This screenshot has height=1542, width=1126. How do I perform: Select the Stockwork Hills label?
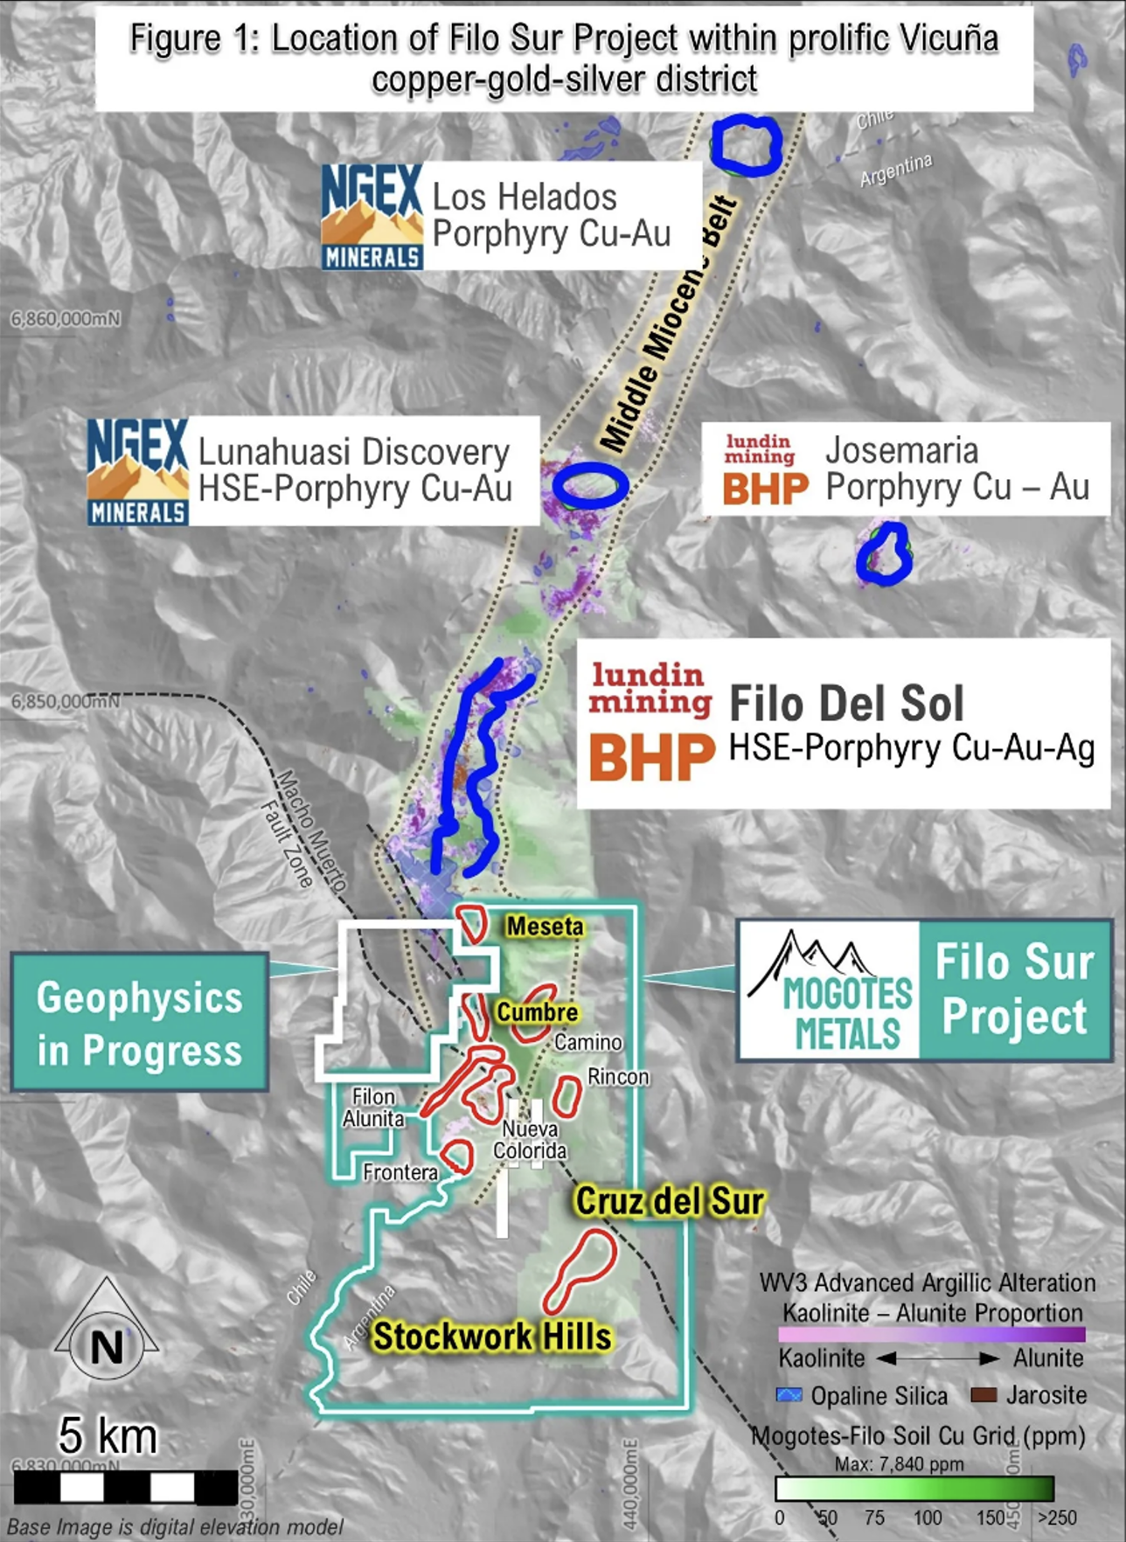492,1337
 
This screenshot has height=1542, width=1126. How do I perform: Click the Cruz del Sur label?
669,1201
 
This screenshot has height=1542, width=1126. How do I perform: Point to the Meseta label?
546,926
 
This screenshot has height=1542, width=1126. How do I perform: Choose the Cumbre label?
538,1012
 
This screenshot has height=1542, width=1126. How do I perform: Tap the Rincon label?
618,1077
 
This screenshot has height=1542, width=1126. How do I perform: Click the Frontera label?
400,1172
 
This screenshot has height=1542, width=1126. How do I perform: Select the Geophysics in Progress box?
140,1023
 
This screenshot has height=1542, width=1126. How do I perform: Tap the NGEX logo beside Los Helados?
372,217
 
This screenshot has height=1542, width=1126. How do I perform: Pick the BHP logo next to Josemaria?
765,489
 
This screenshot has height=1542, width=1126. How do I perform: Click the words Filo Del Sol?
846,704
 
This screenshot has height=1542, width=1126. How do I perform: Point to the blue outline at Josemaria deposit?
885,553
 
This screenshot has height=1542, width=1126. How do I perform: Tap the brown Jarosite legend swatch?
984,1395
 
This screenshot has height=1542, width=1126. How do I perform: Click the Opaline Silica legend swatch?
789,1395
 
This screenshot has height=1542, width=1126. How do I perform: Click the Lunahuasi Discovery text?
354,452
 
